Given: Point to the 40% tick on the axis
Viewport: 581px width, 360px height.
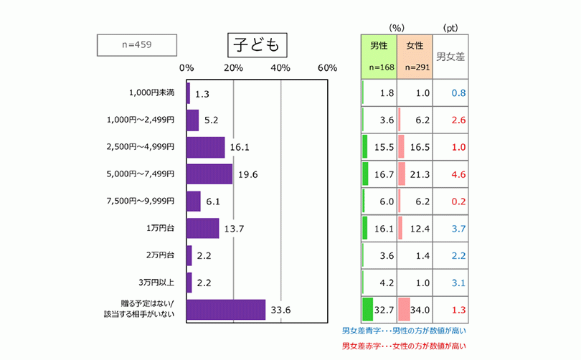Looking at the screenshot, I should point(280,67).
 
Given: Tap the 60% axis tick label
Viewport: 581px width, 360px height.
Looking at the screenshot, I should point(327,67).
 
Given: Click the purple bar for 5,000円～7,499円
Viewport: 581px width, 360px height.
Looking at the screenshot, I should point(209,174).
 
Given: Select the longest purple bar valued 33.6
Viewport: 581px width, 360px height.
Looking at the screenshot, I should point(226,310).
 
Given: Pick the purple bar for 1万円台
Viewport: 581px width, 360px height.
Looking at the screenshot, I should point(202,228).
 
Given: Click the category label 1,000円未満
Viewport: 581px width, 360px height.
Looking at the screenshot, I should point(152,93).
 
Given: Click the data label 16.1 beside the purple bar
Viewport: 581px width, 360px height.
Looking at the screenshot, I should point(239,148).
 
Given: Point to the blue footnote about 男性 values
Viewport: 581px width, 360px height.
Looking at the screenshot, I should point(404,331).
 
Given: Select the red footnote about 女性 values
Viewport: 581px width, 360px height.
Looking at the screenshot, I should point(404,346).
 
